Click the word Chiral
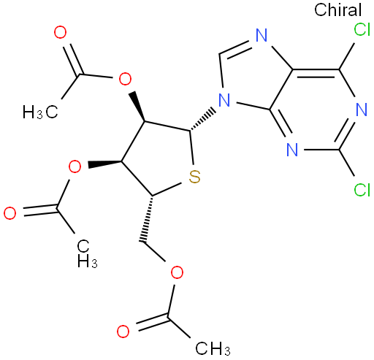click(337, 9)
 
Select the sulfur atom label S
click(194, 177)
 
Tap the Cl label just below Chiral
click(362, 30)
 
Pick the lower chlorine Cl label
click(362, 190)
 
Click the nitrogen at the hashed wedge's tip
click(224, 100)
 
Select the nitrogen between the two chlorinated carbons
click(362, 110)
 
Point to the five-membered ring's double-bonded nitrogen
click(262, 36)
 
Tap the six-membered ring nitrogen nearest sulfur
click(292, 150)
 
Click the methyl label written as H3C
click(40, 112)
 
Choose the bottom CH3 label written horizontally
click(213, 349)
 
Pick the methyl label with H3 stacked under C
click(87, 253)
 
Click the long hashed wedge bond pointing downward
click(148, 219)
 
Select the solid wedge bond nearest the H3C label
click(138, 107)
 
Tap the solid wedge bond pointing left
click(105, 164)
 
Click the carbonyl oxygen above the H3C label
click(60, 33)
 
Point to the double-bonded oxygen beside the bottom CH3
click(123, 332)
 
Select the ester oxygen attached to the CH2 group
click(177, 272)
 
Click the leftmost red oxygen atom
click(10, 213)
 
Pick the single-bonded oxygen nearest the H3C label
click(125, 79)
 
